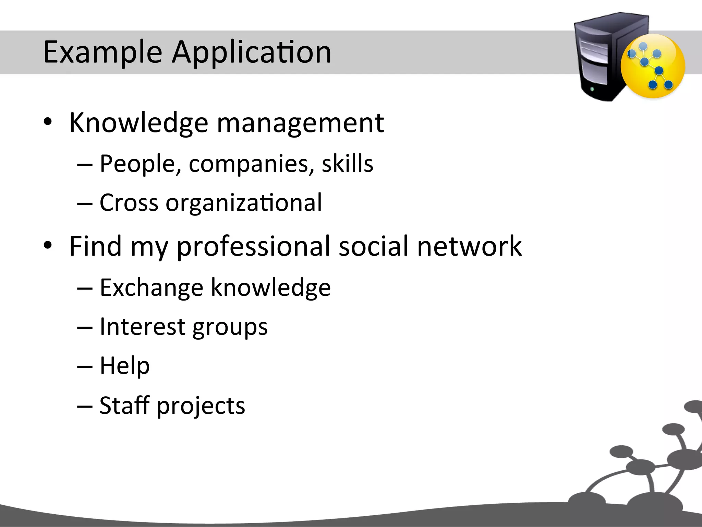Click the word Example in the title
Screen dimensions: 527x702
tap(102, 52)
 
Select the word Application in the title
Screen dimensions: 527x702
tap(251, 52)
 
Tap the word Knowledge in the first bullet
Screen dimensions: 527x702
tap(138, 123)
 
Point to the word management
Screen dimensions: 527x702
tap(300, 123)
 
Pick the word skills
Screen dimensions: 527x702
tap(347, 164)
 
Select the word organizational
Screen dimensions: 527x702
tap(244, 203)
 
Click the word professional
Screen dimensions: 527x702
tap(253, 246)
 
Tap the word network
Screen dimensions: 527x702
tap(469, 246)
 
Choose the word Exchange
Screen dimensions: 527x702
tap(152, 288)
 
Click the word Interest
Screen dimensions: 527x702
tap(142, 327)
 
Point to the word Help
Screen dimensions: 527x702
tap(125, 366)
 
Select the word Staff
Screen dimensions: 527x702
tap(125, 405)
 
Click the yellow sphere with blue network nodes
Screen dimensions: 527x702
tap(653, 67)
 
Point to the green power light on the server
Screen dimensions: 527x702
tap(592, 90)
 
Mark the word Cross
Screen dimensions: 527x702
tap(129, 203)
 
